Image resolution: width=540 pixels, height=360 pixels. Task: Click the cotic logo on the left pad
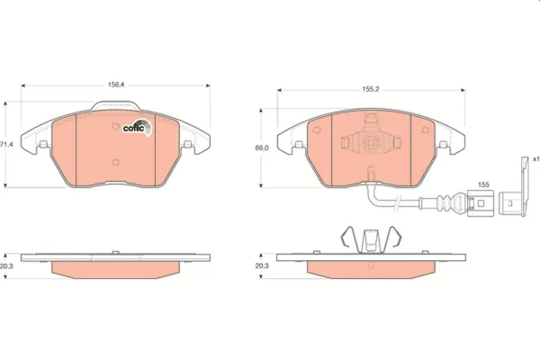point(137,126)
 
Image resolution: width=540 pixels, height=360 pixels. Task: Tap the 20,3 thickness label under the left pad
point(8,265)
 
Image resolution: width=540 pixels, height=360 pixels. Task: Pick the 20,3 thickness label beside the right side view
point(263,265)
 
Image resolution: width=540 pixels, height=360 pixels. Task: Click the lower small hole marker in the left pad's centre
point(115,163)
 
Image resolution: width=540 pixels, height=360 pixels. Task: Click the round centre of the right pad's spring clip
point(371,142)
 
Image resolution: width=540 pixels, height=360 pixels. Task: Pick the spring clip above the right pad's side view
point(370,239)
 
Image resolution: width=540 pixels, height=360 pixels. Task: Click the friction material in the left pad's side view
point(115,269)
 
